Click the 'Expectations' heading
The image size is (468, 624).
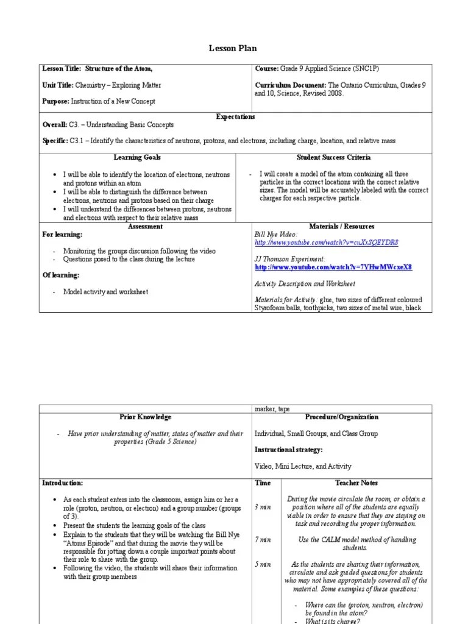coord(236,116)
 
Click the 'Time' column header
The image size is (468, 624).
coord(263,483)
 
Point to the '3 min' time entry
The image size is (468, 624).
coord(263,507)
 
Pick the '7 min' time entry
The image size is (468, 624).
coord(263,540)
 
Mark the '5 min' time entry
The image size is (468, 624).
coord(263,564)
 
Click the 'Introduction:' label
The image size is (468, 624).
coord(62,483)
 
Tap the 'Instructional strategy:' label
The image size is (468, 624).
coord(288,450)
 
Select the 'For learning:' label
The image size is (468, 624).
coord(62,235)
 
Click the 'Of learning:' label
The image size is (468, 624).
coord(60,275)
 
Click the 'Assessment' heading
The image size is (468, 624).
coord(145,227)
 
